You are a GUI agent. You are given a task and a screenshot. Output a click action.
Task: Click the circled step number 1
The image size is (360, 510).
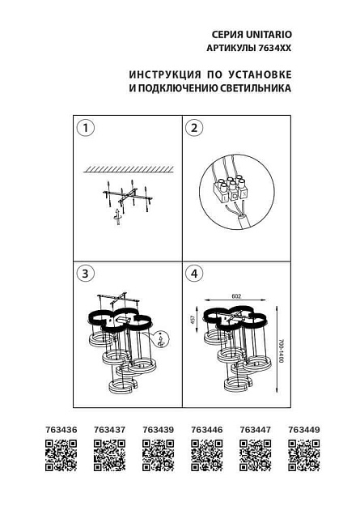[85, 128]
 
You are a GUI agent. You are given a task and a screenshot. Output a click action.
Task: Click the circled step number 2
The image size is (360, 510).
[193, 128]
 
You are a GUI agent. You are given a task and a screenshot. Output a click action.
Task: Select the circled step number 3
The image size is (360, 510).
[85, 274]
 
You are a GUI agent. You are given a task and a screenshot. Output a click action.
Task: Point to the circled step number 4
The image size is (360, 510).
[193, 274]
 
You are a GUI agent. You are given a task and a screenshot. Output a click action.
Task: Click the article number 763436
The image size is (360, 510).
[60, 430]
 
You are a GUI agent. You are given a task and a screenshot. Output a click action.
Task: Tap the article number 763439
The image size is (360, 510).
[157, 430]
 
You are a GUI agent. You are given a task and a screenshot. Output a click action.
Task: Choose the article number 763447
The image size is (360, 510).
[254, 430]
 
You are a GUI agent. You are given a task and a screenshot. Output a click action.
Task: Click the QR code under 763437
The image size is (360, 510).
[108, 454]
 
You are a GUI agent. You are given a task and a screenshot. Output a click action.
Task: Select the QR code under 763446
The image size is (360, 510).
[206, 454]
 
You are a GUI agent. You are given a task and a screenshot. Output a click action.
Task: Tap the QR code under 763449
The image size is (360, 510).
[303, 454]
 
